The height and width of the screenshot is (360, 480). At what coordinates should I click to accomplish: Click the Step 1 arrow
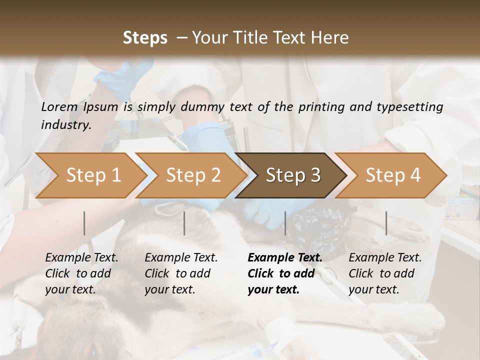(90, 175)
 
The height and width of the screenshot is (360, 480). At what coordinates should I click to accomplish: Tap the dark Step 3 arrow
(292, 175)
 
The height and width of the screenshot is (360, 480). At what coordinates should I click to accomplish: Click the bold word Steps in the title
(145, 37)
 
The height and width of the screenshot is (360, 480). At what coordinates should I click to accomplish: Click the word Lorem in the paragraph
(59, 106)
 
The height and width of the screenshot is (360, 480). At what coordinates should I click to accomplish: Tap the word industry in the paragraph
(65, 124)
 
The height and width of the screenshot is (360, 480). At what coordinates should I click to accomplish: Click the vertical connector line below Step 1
(84, 223)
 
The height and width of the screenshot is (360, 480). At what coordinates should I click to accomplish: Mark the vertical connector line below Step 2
(184, 223)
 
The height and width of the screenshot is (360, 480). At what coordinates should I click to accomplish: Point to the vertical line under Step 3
(285, 223)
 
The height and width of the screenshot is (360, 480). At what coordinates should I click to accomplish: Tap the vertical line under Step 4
(386, 223)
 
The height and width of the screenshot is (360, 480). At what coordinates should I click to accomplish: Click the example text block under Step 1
(81, 273)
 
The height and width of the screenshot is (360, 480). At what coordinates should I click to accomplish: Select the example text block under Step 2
(181, 273)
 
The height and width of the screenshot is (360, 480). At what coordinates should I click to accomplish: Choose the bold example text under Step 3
(284, 273)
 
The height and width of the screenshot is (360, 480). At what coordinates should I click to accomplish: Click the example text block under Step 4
(385, 273)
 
